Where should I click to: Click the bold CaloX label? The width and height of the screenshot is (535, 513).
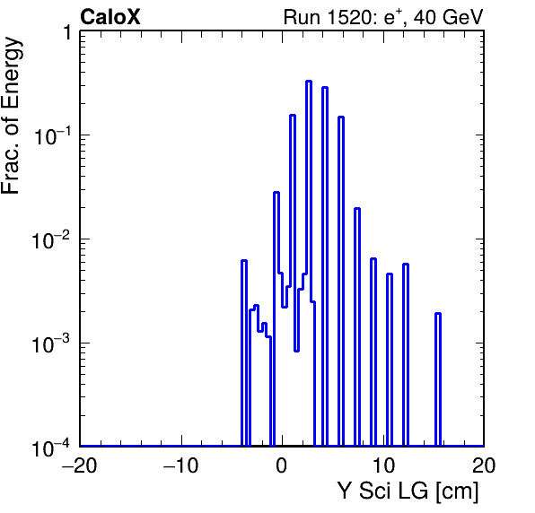[x=110, y=17]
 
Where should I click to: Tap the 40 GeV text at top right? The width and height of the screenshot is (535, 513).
[x=448, y=17]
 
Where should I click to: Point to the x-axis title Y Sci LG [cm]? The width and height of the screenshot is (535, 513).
[x=408, y=491]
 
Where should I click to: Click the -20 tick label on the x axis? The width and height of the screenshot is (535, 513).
[x=80, y=465]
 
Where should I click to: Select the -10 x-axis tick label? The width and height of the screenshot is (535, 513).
[x=180, y=465]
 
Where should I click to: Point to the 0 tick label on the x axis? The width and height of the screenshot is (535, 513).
[x=282, y=465]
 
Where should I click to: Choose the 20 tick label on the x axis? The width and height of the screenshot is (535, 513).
[x=484, y=465]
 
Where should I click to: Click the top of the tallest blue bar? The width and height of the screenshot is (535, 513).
[x=309, y=81]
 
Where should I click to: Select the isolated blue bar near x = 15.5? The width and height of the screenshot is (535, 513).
[x=438, y=379]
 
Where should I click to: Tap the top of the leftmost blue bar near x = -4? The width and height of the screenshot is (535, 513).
[x=244, y=260]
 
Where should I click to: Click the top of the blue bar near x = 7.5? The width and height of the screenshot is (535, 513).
[x=357, y=208]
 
